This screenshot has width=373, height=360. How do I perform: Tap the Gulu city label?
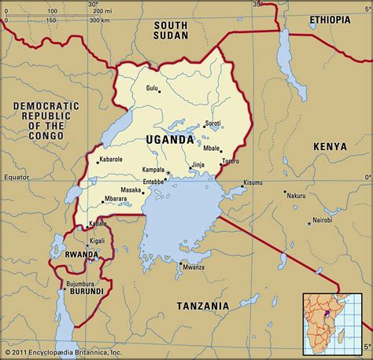(x=151, y=87)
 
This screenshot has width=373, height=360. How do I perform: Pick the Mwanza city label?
(x=194, y=267)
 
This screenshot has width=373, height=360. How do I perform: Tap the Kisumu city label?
(x=253, y=182)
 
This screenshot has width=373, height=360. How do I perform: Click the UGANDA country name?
(x=169, y=139)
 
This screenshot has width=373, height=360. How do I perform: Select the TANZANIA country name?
(x=202, y=305)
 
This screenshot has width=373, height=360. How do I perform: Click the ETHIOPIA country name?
(x=330, y=18)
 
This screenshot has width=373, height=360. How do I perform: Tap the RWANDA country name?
(x=81, y=255)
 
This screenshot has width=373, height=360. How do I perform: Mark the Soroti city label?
(x=212, y=123)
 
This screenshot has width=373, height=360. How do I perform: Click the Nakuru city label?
(x=296, y=195)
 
